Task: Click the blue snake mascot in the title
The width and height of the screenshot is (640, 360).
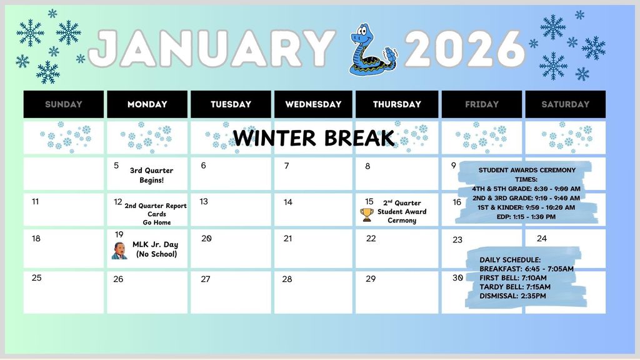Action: (370, 49)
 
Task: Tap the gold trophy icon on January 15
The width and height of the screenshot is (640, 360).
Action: (367, 215)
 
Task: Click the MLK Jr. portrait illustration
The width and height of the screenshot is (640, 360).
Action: (119, 251)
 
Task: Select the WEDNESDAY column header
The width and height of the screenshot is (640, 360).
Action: (313, 104)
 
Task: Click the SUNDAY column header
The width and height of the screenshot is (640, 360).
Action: (64, 104)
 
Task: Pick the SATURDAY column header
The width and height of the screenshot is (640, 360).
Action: (565, 104)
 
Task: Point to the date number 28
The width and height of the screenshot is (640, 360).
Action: (287, 279)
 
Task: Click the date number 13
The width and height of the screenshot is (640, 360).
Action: (204, 201)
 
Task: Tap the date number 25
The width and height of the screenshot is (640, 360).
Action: (37, 277)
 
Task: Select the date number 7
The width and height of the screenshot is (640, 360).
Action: (287, 166)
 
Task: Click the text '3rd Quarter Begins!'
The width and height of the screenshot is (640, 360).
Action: (151, 175)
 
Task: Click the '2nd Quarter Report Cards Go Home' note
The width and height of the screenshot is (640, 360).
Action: (156, 214)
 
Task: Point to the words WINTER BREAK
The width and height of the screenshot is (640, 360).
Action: (314, 137)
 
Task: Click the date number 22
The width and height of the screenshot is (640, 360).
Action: (371, 238)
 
